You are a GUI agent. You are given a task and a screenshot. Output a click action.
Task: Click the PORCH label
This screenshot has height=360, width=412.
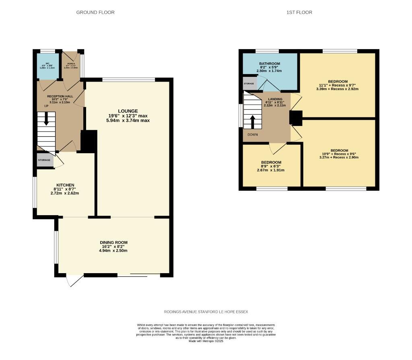pos(71,64)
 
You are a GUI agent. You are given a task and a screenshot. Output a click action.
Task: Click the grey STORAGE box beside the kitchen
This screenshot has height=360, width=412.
pos(44,160)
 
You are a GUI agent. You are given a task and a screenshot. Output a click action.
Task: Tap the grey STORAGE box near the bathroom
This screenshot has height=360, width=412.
pos(249,84)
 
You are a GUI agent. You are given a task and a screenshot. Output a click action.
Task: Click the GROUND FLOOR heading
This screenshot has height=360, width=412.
pos(95,12)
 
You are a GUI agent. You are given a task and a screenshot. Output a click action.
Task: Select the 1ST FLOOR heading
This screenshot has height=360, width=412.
pos(299,12)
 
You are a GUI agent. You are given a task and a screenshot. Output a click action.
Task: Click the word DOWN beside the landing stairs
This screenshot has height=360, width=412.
pos(253,135)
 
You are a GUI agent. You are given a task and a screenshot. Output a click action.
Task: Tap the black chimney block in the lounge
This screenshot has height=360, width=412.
pos(89,141)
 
